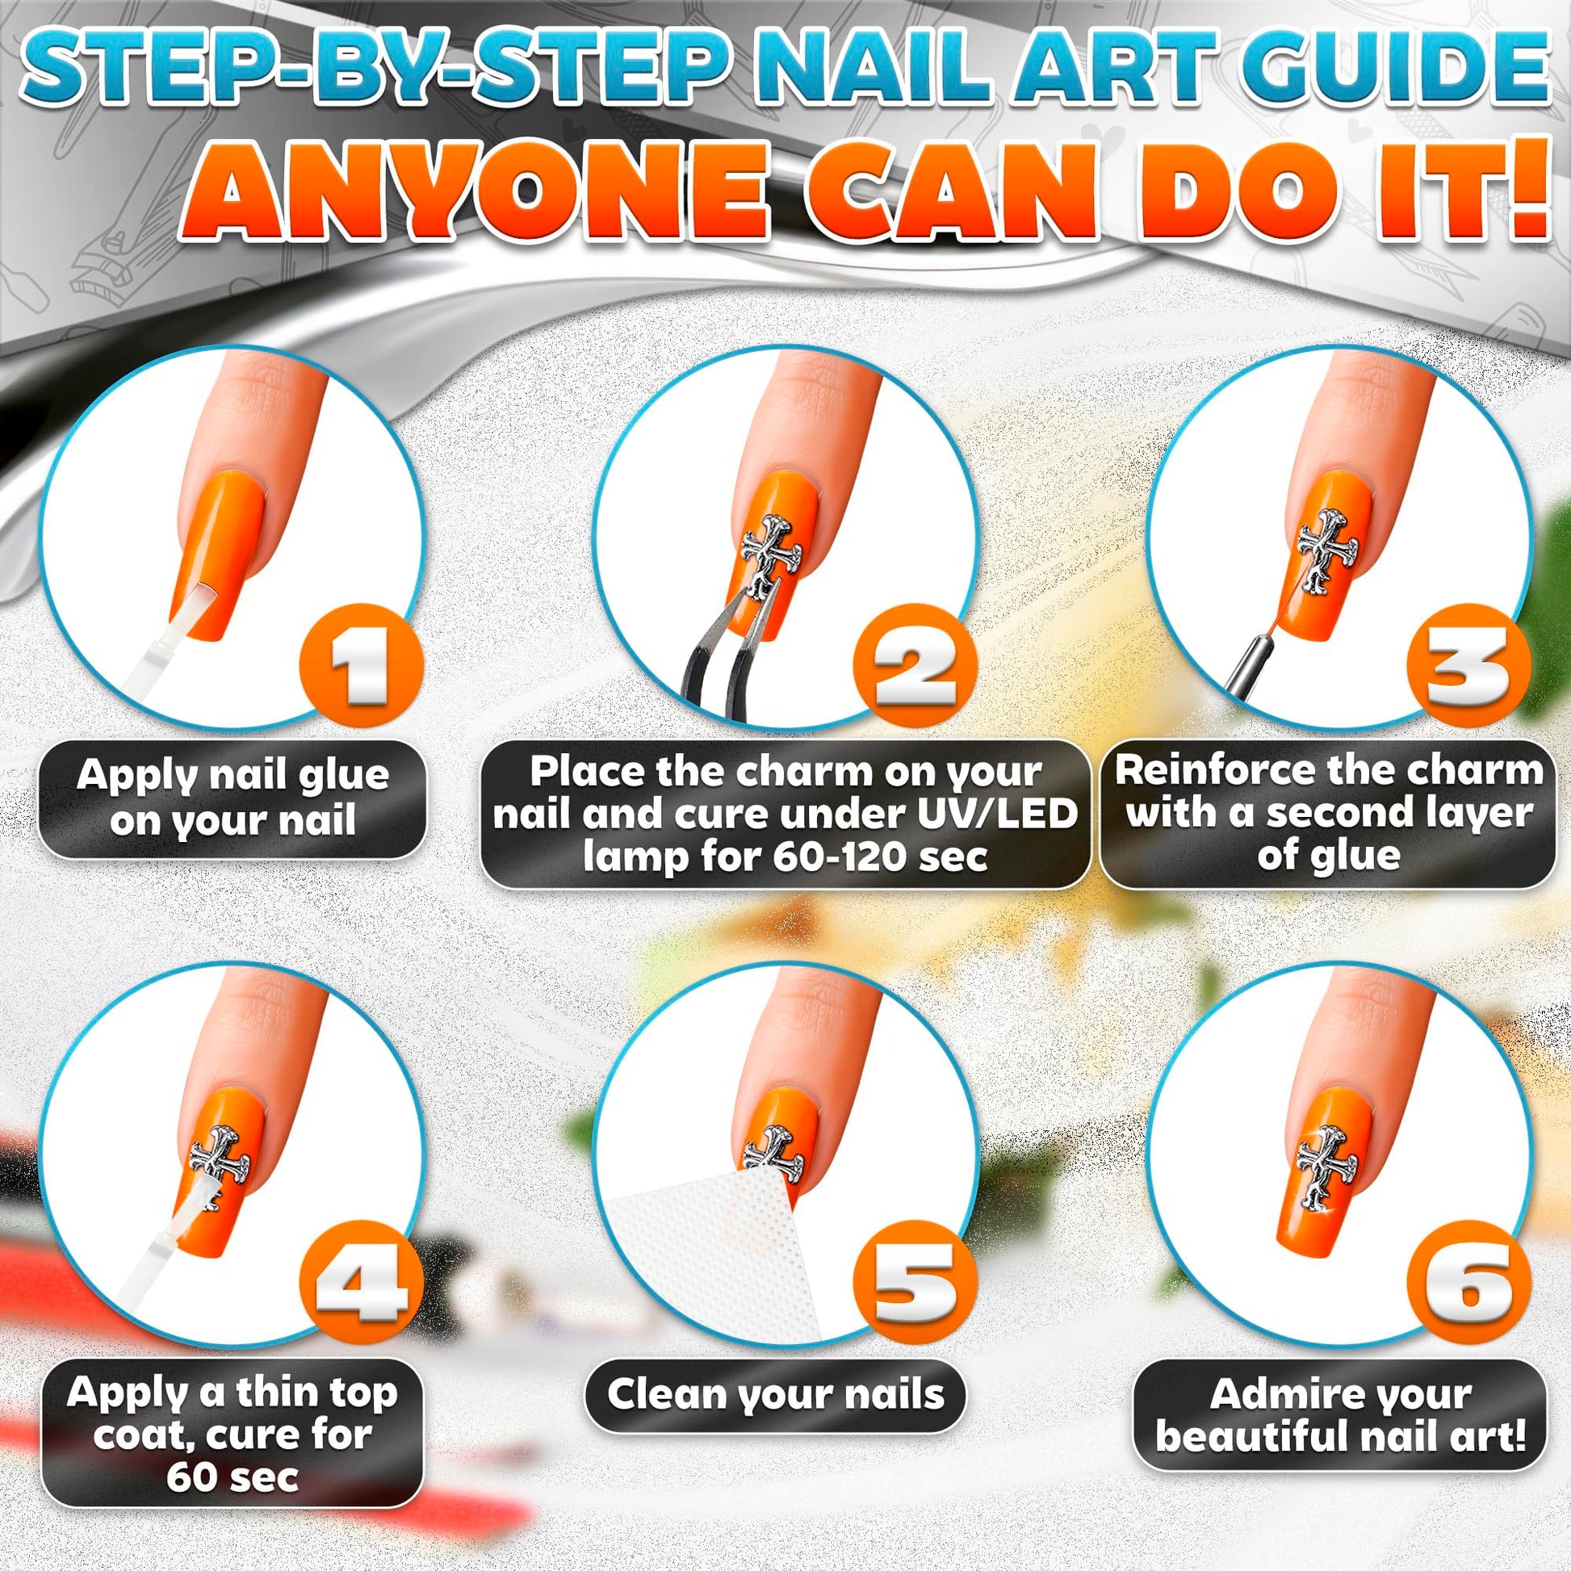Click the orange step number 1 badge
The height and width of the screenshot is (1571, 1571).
coord(359,666)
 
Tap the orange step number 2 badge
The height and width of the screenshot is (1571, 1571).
coord(913,666)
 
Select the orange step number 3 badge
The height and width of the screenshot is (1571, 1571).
coord(1468,666)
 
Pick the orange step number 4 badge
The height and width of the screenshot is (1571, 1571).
coord(359,1282)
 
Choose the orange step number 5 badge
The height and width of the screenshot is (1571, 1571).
coord(913,1282)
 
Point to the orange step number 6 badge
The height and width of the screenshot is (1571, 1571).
coord(1468,1282)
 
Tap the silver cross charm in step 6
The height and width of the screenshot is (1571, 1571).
coord(1326,1171)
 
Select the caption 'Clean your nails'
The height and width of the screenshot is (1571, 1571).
coord(775,1394)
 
